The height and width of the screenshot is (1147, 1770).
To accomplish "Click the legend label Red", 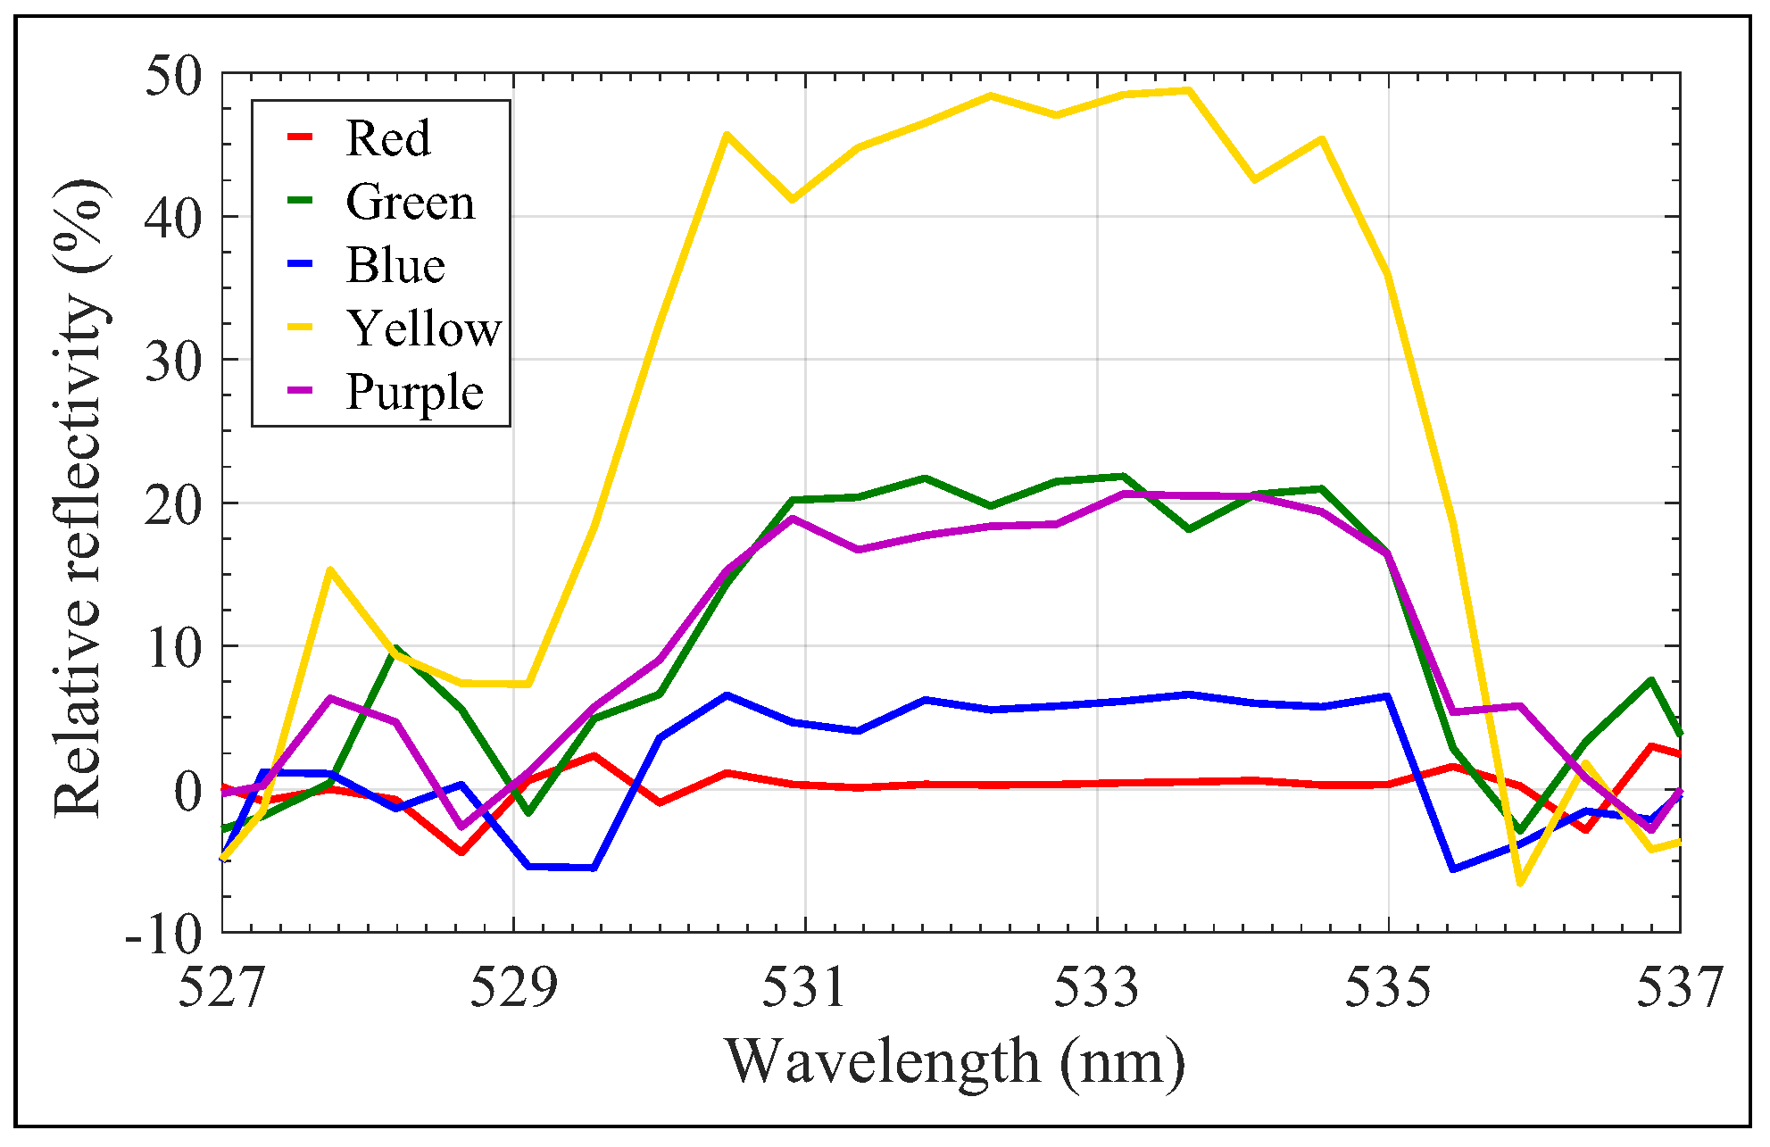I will (387, 138).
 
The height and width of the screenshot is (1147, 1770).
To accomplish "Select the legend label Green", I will (410, 202).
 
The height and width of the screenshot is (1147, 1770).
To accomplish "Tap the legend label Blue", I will (395, 265).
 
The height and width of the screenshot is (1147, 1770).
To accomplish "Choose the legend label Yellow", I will (424, 328).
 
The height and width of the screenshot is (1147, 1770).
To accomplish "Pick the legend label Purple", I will (414, 392).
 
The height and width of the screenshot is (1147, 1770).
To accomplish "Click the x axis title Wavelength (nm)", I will (954, 1062).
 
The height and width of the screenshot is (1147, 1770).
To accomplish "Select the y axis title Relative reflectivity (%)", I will (79, 500).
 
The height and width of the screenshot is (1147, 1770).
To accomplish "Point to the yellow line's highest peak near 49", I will (1188, 90).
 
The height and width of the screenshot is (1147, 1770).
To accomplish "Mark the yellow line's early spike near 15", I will (330, 569).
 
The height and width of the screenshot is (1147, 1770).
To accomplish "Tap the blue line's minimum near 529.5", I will (594, 868).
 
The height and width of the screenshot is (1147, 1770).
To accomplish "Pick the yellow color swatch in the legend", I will (301, 328).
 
